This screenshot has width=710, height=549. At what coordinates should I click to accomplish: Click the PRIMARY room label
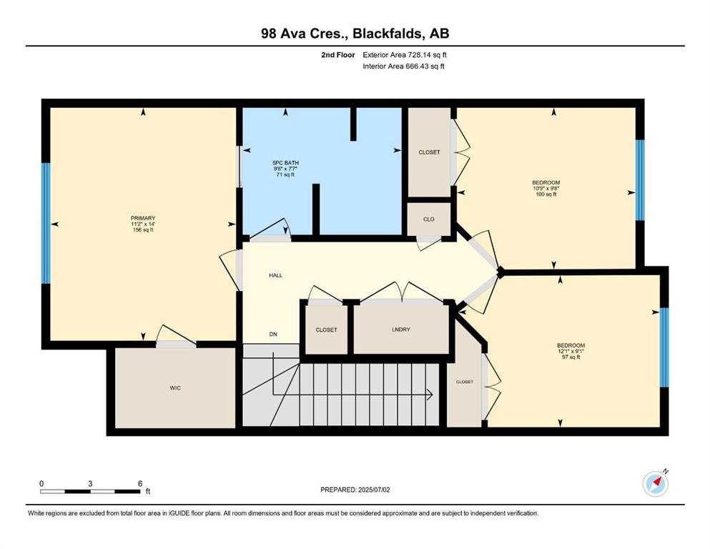click(x=143, y=218)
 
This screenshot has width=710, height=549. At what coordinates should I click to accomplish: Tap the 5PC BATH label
click(x=285, y=163)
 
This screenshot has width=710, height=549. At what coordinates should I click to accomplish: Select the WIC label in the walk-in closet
click(x=175, y=388)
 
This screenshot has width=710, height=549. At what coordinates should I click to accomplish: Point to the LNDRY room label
click(x=400, y=330)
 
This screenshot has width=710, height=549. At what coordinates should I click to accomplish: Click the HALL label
click(x=276, y=275)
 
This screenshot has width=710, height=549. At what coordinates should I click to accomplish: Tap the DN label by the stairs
click(x=273, y=335)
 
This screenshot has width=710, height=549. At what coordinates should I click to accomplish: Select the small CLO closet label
click(x=429, y=219)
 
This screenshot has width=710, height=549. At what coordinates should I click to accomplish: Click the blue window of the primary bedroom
click(x=46, y=223)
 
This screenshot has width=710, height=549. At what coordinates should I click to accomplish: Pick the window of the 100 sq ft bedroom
click(x=640, y=180)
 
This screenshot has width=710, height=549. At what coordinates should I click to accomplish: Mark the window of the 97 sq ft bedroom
click(x=664, y=347)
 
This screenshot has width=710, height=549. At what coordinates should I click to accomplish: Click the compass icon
click(x=656, y=483)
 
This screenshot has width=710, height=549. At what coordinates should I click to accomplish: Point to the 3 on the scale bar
click(x=90, y=483)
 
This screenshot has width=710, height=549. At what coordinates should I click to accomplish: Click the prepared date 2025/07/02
click(x=373, y=490)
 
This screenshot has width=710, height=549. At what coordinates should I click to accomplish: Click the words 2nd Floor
click(x=337, y=55)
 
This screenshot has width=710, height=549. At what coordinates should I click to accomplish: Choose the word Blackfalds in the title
click(x=388, y=34)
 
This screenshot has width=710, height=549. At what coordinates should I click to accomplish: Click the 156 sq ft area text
click(x=143, y=230)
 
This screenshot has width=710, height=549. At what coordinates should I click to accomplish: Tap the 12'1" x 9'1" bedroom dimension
click(x=571, y=351)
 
